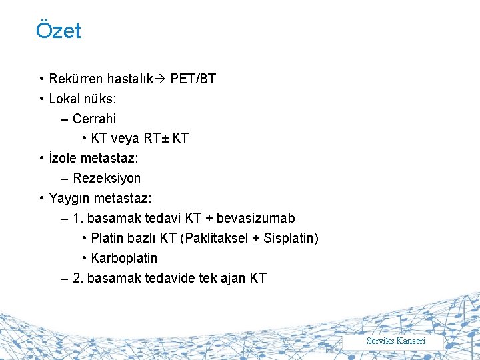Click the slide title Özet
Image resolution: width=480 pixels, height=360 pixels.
[59, 31]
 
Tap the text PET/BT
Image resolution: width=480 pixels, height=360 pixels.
[193, 79]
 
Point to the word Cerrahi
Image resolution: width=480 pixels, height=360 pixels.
[94, 119]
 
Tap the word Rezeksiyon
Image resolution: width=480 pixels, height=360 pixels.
[107, 179]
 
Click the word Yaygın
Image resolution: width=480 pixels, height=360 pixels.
[69, 199]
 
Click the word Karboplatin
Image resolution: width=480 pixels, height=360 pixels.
[124, 258]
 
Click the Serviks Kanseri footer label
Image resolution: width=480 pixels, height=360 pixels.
[396, 341]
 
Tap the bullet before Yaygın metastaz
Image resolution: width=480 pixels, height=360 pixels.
[42, 199]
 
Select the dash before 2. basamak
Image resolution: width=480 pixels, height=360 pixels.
[63, 278]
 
